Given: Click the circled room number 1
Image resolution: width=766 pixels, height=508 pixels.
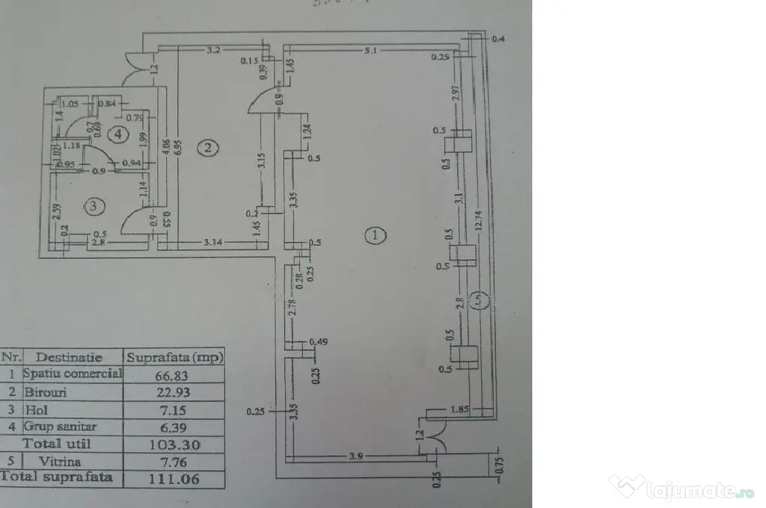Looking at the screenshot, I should (x=375, y=236).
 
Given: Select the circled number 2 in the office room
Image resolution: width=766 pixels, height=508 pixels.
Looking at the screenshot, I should (x=207, y=148).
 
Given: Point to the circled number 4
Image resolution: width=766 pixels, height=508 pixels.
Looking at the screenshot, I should (x=116, y=134).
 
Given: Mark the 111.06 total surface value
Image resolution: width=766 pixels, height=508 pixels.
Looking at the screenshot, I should (x=175, y=479).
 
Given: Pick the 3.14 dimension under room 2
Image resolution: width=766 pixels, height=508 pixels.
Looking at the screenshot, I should (x=215, y=243).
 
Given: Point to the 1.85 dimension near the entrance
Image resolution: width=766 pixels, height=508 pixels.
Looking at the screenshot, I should (x=459, y=410).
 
